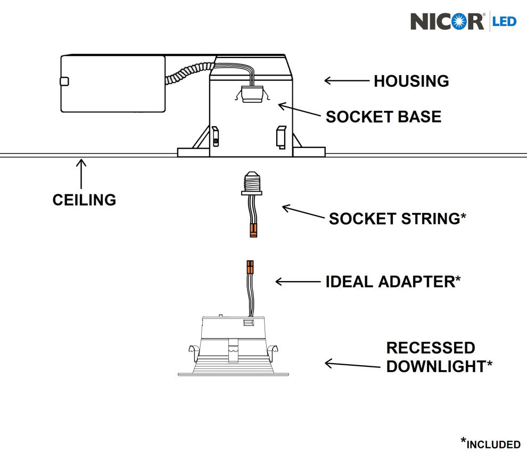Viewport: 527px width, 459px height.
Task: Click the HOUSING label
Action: pos(411,81)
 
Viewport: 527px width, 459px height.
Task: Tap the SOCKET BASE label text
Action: pos(383,117)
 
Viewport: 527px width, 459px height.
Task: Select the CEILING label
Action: pos(84,200)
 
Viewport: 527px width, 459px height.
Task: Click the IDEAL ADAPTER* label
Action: pos(393,281)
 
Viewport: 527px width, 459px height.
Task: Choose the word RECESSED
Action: pos(431,348)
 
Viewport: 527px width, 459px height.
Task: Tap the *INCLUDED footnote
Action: pos(490,443)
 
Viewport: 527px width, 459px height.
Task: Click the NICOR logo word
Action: pos(447,21)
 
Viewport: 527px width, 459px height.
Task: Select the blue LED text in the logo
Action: pos(505,22)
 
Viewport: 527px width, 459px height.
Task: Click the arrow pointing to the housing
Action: pos(347,81)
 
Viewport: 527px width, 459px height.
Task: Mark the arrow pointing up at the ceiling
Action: pos(81,173)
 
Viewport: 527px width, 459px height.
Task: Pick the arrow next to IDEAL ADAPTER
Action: pos(296,281)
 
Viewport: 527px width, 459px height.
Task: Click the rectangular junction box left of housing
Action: pos(112,84)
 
